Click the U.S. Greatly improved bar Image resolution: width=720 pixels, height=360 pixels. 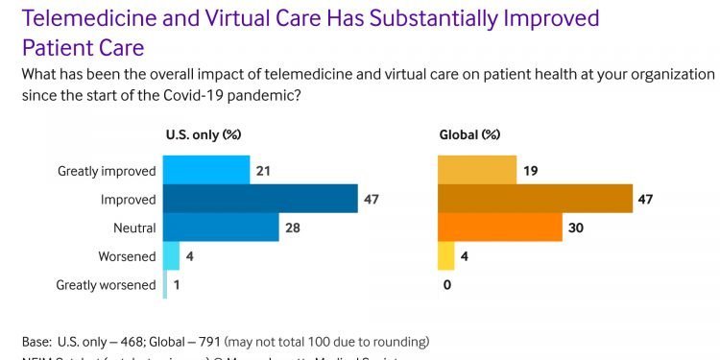(x=205, y=170)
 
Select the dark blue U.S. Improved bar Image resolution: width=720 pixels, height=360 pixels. (x=259, y=199)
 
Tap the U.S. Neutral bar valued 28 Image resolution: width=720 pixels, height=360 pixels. (x=220, y=228)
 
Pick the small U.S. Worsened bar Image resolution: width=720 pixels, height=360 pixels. (x=171, y=256)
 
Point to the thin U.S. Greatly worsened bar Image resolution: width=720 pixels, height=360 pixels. (x=164, y=284)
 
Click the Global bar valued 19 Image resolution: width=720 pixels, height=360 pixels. (x=477, y=170)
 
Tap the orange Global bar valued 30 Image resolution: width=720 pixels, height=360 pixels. (x=499, y=228)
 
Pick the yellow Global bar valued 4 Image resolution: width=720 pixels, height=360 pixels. (x=446, y=256)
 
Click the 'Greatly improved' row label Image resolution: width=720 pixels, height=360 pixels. (x=107, y=171)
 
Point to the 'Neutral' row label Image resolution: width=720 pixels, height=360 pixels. (x=132, y=228)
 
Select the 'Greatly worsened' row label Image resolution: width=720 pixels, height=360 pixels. (x=106, y=285)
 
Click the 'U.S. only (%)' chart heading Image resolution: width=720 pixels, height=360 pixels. (x=204, y=135)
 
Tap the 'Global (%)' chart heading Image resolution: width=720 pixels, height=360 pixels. (x=469, y=135)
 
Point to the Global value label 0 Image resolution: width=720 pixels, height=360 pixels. (x=446, y=285)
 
